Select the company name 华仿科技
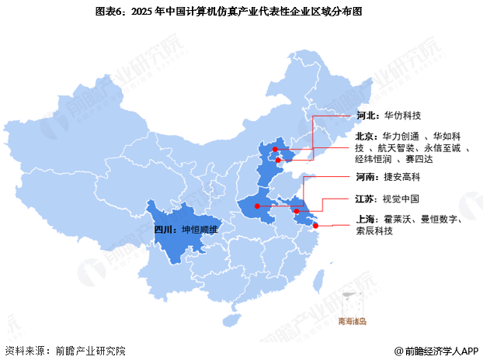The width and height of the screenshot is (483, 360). [x=402, y=116]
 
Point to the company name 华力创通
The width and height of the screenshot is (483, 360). [x=400, y=137]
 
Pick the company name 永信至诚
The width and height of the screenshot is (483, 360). [x=442, y=147]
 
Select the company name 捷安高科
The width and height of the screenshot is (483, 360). [x=402, y=177]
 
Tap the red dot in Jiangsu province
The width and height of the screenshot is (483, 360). [x=296, y=210]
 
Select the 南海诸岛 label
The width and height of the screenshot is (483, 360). [x=352, y=320]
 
